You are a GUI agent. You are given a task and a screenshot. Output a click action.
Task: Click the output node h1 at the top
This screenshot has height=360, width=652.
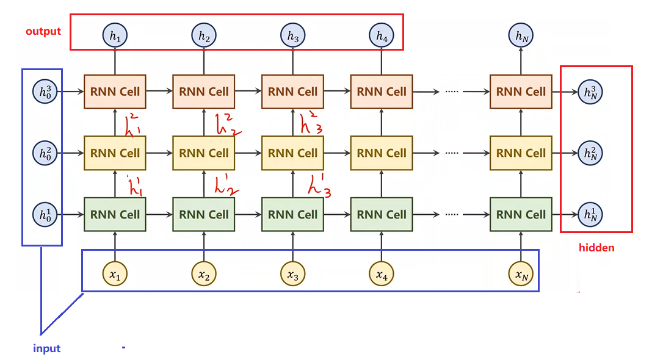[115, 37]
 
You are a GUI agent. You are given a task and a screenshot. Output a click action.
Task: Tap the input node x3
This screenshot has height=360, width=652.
[292, 276]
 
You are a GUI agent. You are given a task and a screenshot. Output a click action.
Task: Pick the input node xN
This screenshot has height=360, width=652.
[521, 276]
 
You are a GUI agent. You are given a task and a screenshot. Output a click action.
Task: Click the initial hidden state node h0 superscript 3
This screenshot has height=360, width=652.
[45, 92]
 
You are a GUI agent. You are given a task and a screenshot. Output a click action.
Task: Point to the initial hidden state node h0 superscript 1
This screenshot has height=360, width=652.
[45, 214]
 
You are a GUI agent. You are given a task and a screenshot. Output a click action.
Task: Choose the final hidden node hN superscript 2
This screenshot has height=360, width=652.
[590, 153]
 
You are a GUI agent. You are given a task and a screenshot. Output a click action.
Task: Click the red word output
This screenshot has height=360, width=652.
[43, 31]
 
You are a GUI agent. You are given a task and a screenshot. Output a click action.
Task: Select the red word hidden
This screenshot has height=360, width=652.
[596, 248]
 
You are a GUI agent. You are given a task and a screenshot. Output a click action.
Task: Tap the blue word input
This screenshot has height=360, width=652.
[46, 348]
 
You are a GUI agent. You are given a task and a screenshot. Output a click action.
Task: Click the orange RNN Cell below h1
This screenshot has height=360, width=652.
[115, 92]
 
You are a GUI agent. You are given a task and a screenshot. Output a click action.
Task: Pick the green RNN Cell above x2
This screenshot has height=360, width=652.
[203, 214]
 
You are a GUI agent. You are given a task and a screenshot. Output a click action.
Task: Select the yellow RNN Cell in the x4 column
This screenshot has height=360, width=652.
[381, 153]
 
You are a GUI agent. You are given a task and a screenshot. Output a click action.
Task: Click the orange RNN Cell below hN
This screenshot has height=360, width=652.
[521, 92]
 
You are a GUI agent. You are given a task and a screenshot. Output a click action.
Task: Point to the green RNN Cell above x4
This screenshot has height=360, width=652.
[381, 214]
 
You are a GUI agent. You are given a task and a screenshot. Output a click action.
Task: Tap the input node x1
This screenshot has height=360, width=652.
[115, 276]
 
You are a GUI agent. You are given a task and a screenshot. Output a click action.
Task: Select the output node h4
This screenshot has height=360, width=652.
[381, 37]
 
